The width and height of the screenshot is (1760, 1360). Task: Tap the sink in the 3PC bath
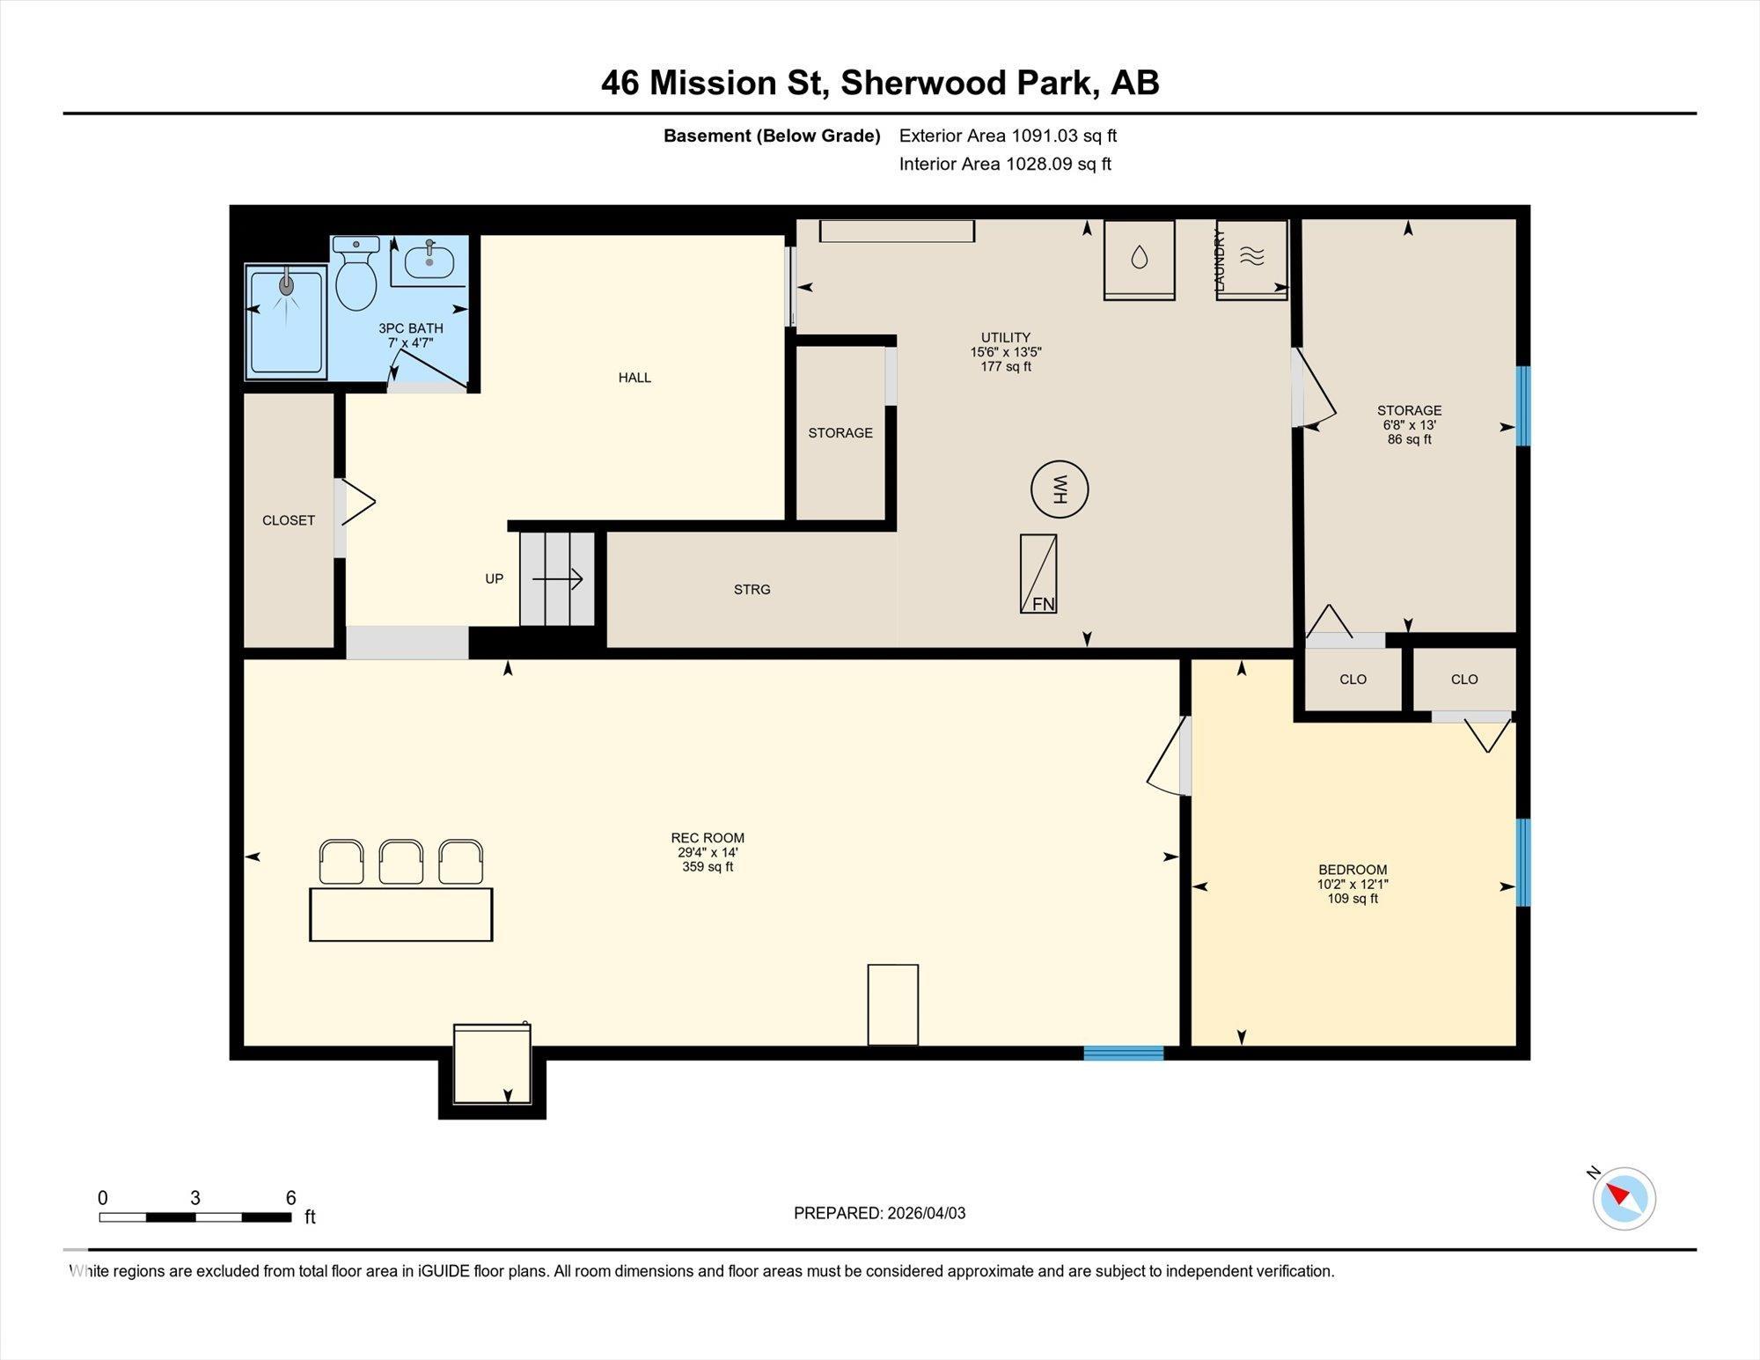pyautogui.click(x=429, y=261)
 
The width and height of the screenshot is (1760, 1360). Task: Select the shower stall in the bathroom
pyautogui.click(x=286, y=321)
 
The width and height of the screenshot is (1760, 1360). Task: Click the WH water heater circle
pyautogui.click(x=1060, y=489)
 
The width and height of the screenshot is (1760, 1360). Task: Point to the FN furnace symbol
pyautogui.click(x=1038, y=574)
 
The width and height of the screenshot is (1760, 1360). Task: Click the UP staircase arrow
pyautogui.click(x=557, y=578)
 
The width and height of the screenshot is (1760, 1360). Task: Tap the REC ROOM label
pyautogui.click(x=708, y=838)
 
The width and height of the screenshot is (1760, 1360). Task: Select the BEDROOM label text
pyautogui.click(x=1353, y=870)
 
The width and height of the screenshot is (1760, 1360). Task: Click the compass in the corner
pyautogui.click(x=1624, y=1198)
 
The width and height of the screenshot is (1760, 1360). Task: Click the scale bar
pyautogui.click(x=194, y=1217)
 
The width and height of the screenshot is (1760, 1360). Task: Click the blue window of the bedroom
pyautogui.click(x=1523, y=862)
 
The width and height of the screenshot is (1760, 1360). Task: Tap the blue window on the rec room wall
pyautogui.click(x=1123, y=1053)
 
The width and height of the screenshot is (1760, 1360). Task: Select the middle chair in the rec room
pyautogui.click(x=401, y=862)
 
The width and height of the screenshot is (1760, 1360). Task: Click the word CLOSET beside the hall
pyautogui.click(x=289, y=520)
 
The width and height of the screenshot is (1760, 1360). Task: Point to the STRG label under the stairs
pyautogui.click(x=752, y=590)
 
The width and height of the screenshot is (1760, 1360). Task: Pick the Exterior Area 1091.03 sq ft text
pyautogui.click(x=1008, y=136)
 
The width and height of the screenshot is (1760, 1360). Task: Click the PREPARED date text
pyautogui.click(x=879, y=1213)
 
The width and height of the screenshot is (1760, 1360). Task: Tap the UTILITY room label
pyautogui.click(x=1006, y=337)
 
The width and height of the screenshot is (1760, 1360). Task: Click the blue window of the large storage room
pyautogui.click(x=1523, y=406)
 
